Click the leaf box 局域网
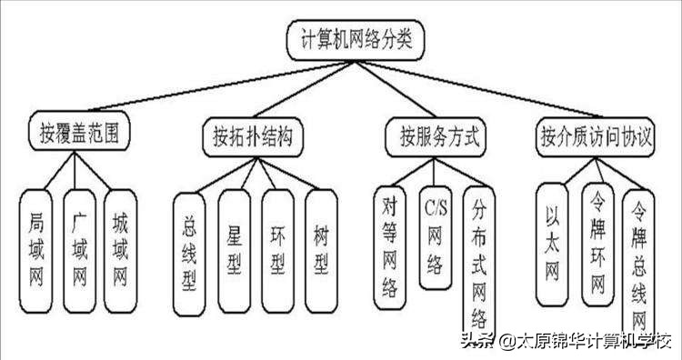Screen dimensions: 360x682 point(37,245)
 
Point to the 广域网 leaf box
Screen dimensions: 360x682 point(79,245)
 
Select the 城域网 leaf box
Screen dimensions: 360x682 point(120,245)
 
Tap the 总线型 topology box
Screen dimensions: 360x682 point(189,252)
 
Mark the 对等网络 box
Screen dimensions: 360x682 point(389,246)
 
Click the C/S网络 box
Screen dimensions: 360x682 point(434,236)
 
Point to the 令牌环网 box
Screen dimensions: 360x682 point(597,246)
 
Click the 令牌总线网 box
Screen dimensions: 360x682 point(639,264)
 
